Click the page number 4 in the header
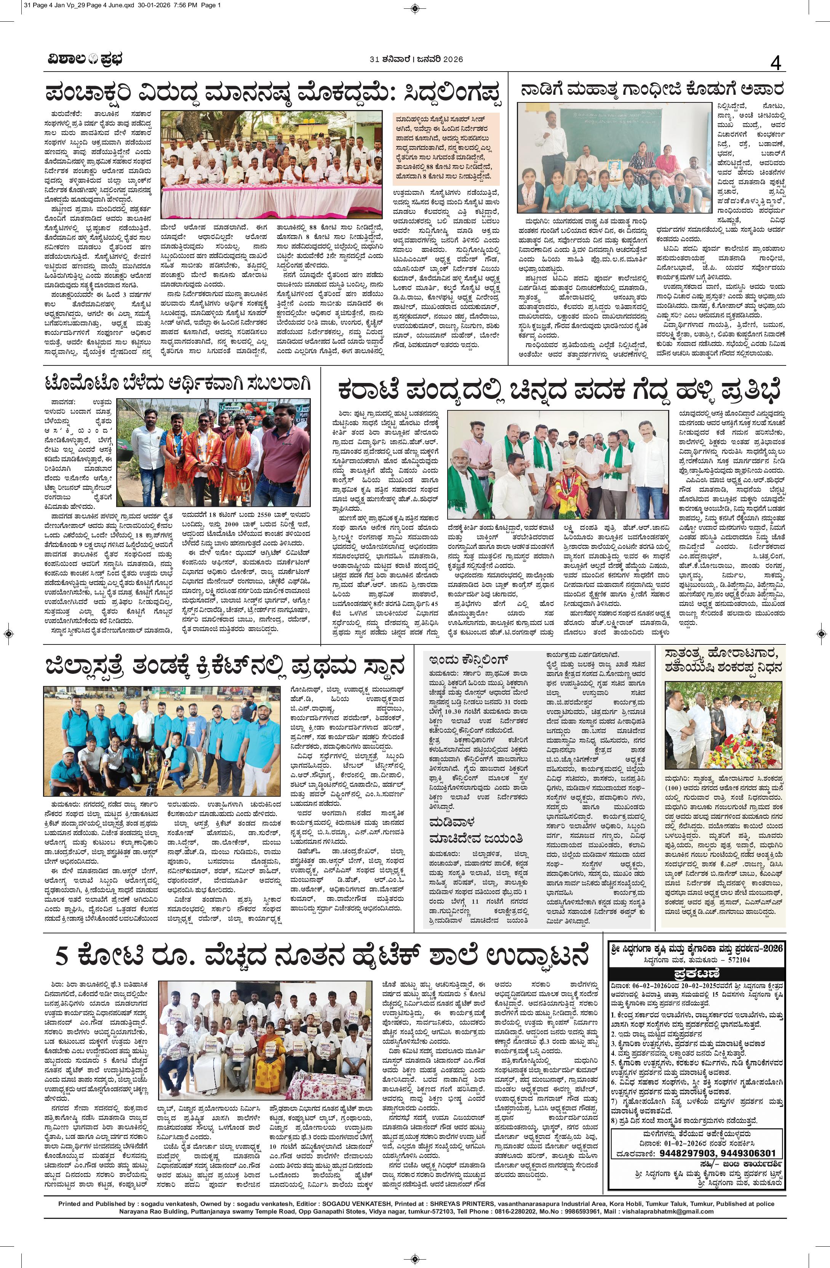tap(776, 64)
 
